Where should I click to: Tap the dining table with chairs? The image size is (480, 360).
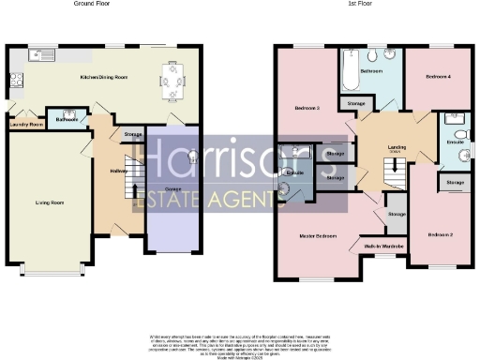[172, 81]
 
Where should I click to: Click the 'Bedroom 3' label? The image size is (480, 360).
[307, 109]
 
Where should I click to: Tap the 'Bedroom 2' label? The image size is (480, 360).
[440, 233]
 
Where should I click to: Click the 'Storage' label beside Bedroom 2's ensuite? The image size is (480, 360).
[456, 182]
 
